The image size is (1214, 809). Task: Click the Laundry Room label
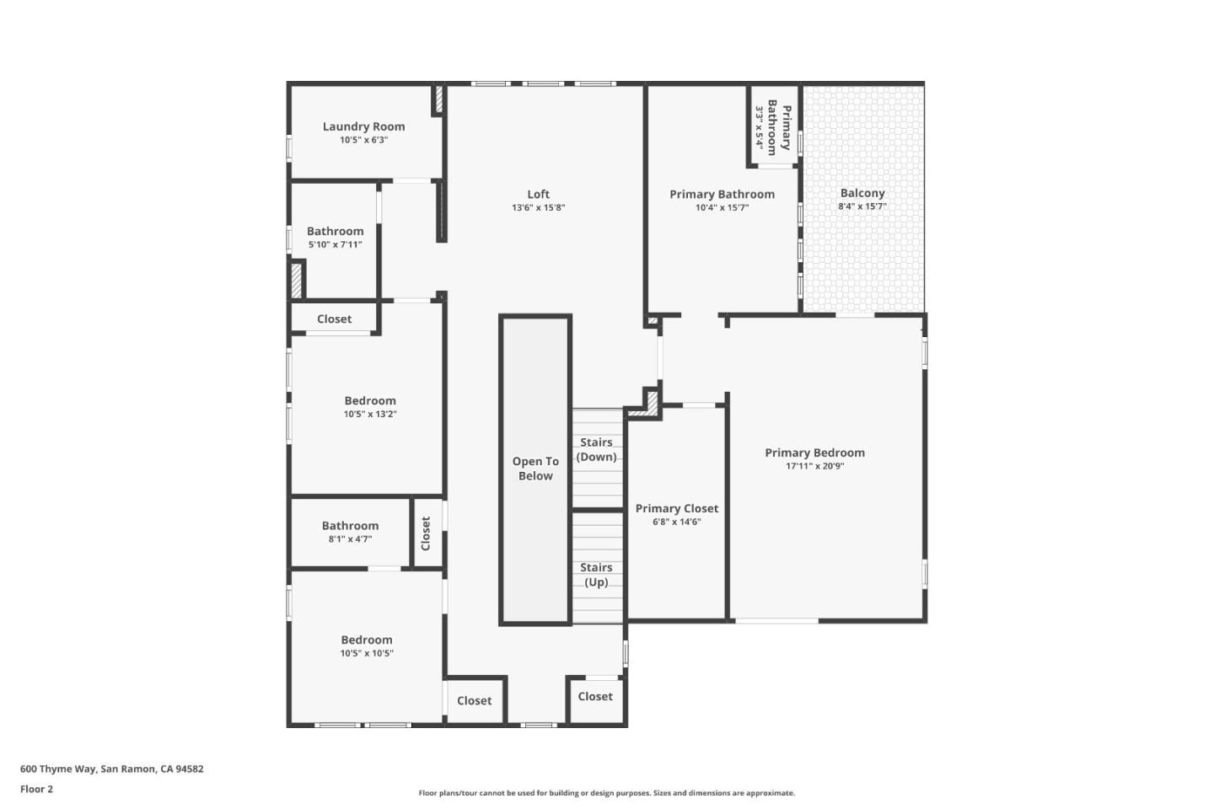(x=363, y=126)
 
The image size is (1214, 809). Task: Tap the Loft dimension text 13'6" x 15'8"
(x=538, y=208)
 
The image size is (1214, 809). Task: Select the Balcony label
(x=862, y=193)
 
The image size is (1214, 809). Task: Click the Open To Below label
(x=535, y=469)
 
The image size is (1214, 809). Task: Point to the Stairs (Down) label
(x=596, y=449)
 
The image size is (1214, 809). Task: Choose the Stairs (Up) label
(x=596, y=575)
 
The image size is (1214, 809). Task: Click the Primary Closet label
(x=676, y=508)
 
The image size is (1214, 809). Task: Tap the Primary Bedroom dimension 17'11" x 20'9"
(x=814, y=466)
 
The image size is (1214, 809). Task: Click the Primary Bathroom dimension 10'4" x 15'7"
(x=722, y=208)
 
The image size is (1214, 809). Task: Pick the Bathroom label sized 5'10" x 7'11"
(x=335, y=231)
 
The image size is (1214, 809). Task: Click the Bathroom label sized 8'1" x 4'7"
(x=350, y=526)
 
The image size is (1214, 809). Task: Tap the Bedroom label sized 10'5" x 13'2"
(x=369, y=401)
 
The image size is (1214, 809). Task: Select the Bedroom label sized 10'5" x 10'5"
(x=367, y=640)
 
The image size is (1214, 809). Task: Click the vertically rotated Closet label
(x=426, y=533)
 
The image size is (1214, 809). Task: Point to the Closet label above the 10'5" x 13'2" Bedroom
(x=334, y=319)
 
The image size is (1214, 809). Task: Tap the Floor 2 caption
(x=36, y=790)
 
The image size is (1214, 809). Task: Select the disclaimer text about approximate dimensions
(x=606, y=793)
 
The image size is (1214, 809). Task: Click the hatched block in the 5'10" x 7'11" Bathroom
(x=297, y=280)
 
